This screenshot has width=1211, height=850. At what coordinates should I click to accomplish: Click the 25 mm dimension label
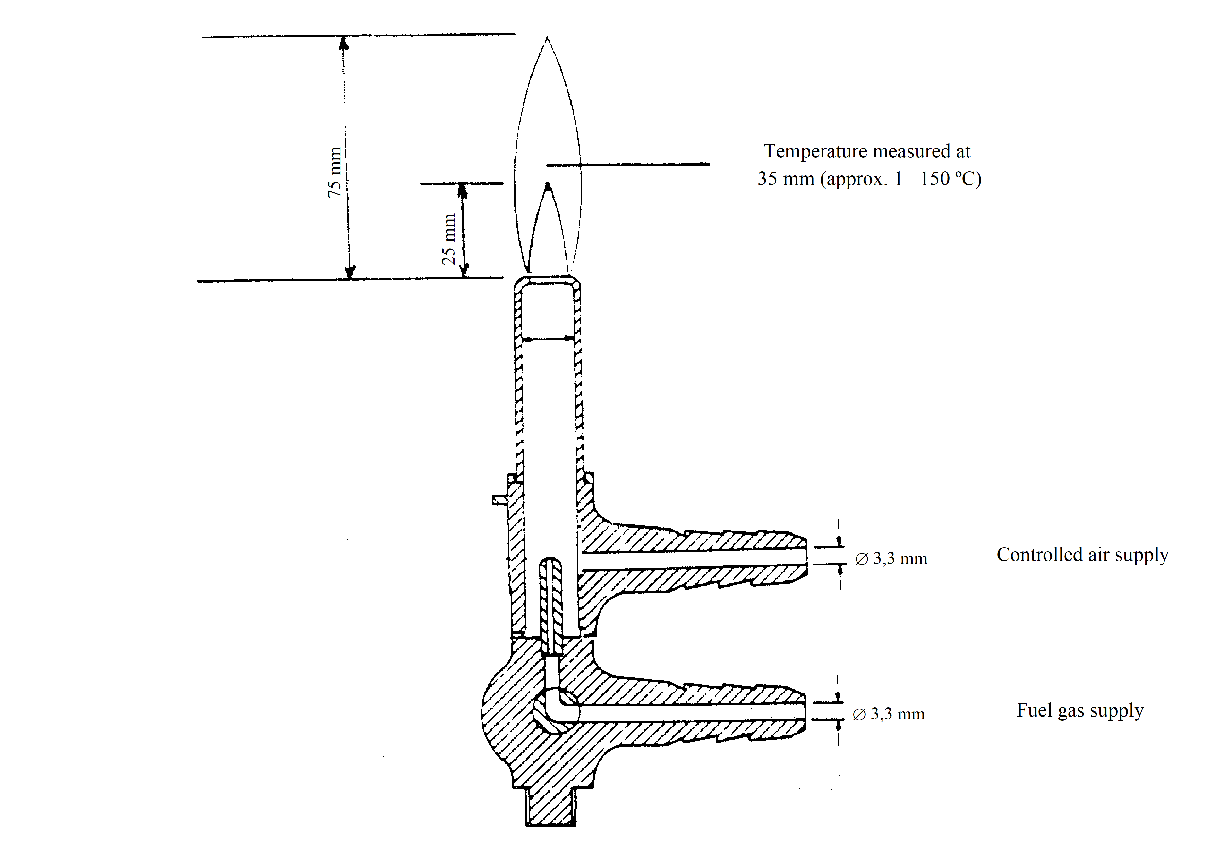(448, 239)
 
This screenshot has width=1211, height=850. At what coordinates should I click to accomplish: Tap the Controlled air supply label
(1082, 555)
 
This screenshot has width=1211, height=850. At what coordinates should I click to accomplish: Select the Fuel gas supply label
(1080, 710)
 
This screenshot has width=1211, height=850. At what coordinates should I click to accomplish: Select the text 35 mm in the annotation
(785, 179)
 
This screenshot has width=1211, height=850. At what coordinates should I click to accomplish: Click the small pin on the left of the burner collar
(499, 499)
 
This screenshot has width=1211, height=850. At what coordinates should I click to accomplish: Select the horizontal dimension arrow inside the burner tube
(548, 338)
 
